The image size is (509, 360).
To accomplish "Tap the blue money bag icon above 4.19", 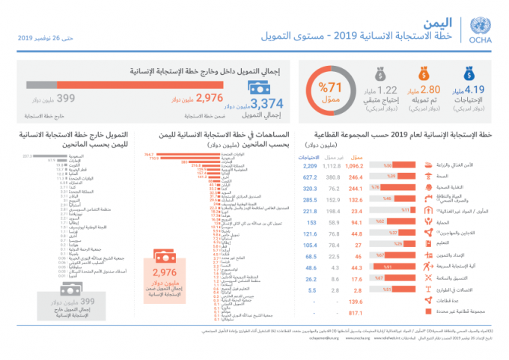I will tap(469, 73).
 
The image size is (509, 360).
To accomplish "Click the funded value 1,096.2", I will tap(358, 165).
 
